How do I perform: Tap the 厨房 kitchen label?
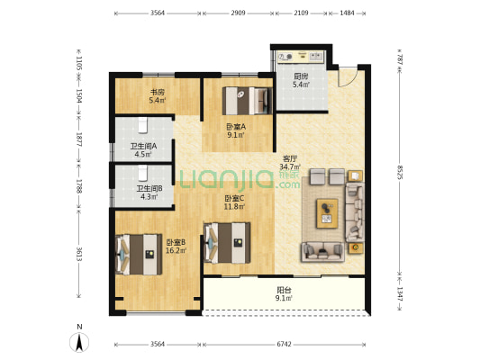click(x=301, y=76)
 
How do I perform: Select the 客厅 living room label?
click(x=290, y=158)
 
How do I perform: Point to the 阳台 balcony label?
click(x=284, y=289)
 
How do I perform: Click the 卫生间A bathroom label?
click(x=143, y=146)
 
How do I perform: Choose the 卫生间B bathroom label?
click(x=149, y=188)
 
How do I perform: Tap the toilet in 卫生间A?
click(x=143, y=126)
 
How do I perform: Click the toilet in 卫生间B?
click(x=142, y=173)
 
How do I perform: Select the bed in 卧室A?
click(x=248, y=101)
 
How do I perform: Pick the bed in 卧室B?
click(x=139, y=255)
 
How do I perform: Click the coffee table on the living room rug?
click(x=327, y=213)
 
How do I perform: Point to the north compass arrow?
click(x=79, y=343)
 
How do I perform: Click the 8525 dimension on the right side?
click(x=400, y=172)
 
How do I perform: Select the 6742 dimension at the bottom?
click(x=284, y=345)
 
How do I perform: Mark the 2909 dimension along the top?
click(x=238, y=13)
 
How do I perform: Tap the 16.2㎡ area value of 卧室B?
click(x=176, y=251)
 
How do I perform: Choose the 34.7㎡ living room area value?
click(x=290, y=166)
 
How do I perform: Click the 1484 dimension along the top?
click(x=347, y=13)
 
